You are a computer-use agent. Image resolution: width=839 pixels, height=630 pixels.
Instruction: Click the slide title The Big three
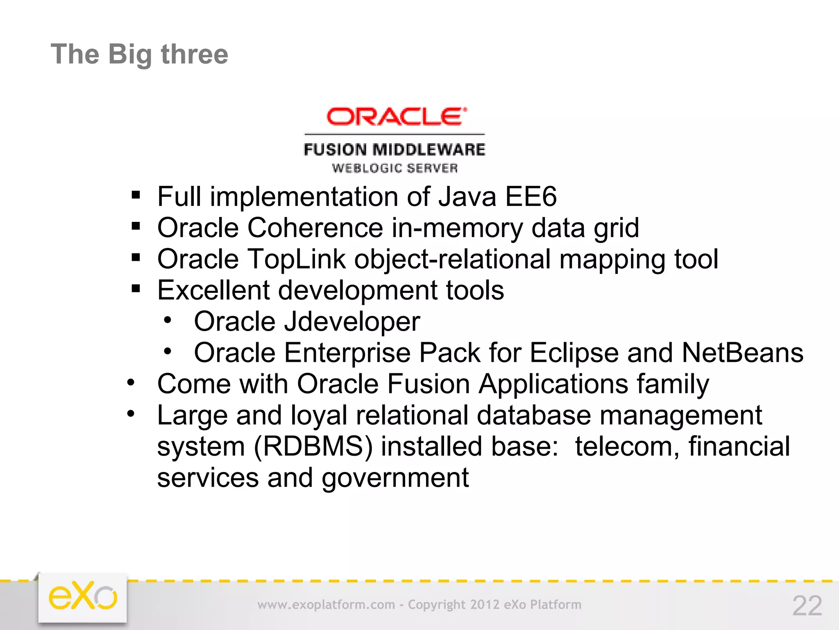point(139,55)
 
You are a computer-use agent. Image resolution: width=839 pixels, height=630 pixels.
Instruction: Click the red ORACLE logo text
point(396,116)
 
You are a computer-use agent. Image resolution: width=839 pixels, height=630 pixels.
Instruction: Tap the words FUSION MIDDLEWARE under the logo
point(394,150)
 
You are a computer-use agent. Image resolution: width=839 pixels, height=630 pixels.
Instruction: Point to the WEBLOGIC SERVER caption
point(395,168)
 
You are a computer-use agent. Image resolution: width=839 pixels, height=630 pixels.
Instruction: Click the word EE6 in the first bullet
point(531,197)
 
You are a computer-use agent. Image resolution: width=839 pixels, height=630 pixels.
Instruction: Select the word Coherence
point(315,228)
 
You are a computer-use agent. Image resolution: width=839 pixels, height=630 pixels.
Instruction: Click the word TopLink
point(297,259)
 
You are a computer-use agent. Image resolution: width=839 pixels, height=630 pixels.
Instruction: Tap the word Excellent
point(213,290)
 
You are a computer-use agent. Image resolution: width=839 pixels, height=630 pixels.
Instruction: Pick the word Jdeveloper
point(352,322)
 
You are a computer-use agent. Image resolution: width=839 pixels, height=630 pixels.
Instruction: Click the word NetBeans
point(742,353)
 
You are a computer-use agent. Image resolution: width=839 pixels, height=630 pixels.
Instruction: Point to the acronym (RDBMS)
point(313,447)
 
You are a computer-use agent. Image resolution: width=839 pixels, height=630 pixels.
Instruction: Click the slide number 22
point(807,605)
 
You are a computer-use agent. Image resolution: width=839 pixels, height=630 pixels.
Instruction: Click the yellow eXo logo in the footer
point(83,596)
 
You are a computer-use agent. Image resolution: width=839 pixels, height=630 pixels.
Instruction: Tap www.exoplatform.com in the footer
point(326,605)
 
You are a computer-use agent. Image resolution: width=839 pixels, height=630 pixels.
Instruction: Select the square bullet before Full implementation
point(136,195)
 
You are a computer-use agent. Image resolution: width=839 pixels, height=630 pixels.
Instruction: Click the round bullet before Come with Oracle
point(131,383)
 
